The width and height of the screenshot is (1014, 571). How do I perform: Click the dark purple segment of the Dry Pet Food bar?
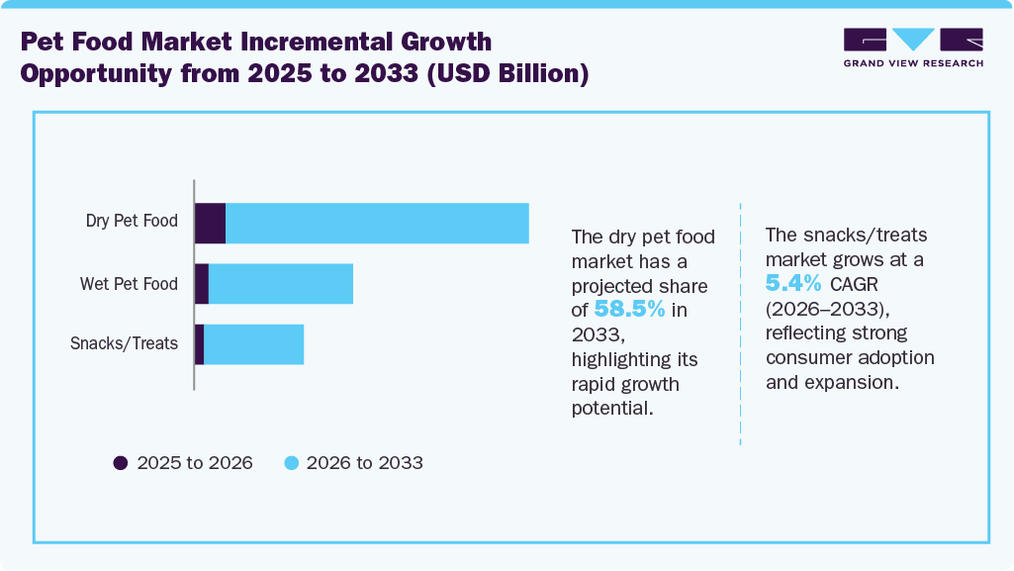coord(210,223)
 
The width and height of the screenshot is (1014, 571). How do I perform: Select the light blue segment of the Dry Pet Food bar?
coord(377,223)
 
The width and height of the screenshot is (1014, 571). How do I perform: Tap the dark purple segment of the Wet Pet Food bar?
coord(202,284)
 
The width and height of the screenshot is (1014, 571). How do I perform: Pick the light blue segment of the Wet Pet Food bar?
coord(281,284)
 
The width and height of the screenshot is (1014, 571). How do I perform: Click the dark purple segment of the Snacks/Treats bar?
coord(199,344)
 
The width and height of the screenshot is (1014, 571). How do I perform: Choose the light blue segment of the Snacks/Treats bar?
coord(253,344)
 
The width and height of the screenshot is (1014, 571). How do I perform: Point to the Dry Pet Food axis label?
coord(132,221)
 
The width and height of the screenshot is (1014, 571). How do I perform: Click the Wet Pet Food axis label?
coord(129,284)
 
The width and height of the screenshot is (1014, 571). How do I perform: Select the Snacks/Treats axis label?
coord(124,344)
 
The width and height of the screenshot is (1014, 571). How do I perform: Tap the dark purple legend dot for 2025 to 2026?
coord(121,462)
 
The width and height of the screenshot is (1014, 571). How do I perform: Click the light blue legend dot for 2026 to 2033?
coord(291,462)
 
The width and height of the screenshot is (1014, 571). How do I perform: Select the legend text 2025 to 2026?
coord(194,462)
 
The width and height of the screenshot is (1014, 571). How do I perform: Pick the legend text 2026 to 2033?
coord(364,462)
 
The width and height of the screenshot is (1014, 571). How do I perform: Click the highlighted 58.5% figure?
coord(629,309)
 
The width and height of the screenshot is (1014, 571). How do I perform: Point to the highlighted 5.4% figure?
coord(793,283)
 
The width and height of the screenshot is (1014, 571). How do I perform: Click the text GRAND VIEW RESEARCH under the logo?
coord(913,63)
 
